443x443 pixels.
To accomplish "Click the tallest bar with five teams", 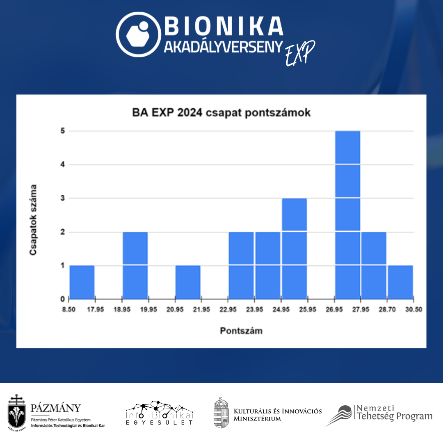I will [x=347, y=215].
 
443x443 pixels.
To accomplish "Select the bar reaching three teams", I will [x=294, y=248].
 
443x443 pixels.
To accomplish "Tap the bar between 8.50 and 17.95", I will [x=82, y=282].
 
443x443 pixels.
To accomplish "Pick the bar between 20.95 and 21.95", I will [x=188, y=282].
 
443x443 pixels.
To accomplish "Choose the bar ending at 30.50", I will [x=400, y=282].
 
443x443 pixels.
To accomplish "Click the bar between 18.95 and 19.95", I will [x=135, y=265].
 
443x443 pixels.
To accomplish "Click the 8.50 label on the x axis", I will [x=69, y=310].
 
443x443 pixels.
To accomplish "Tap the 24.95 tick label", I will [x=281, y=310].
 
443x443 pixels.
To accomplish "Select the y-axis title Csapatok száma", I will [x=33, y=220].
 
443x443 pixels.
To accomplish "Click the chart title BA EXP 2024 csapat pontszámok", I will [x=221, y=112].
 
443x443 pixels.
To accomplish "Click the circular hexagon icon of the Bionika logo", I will [x=138, y=34].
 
